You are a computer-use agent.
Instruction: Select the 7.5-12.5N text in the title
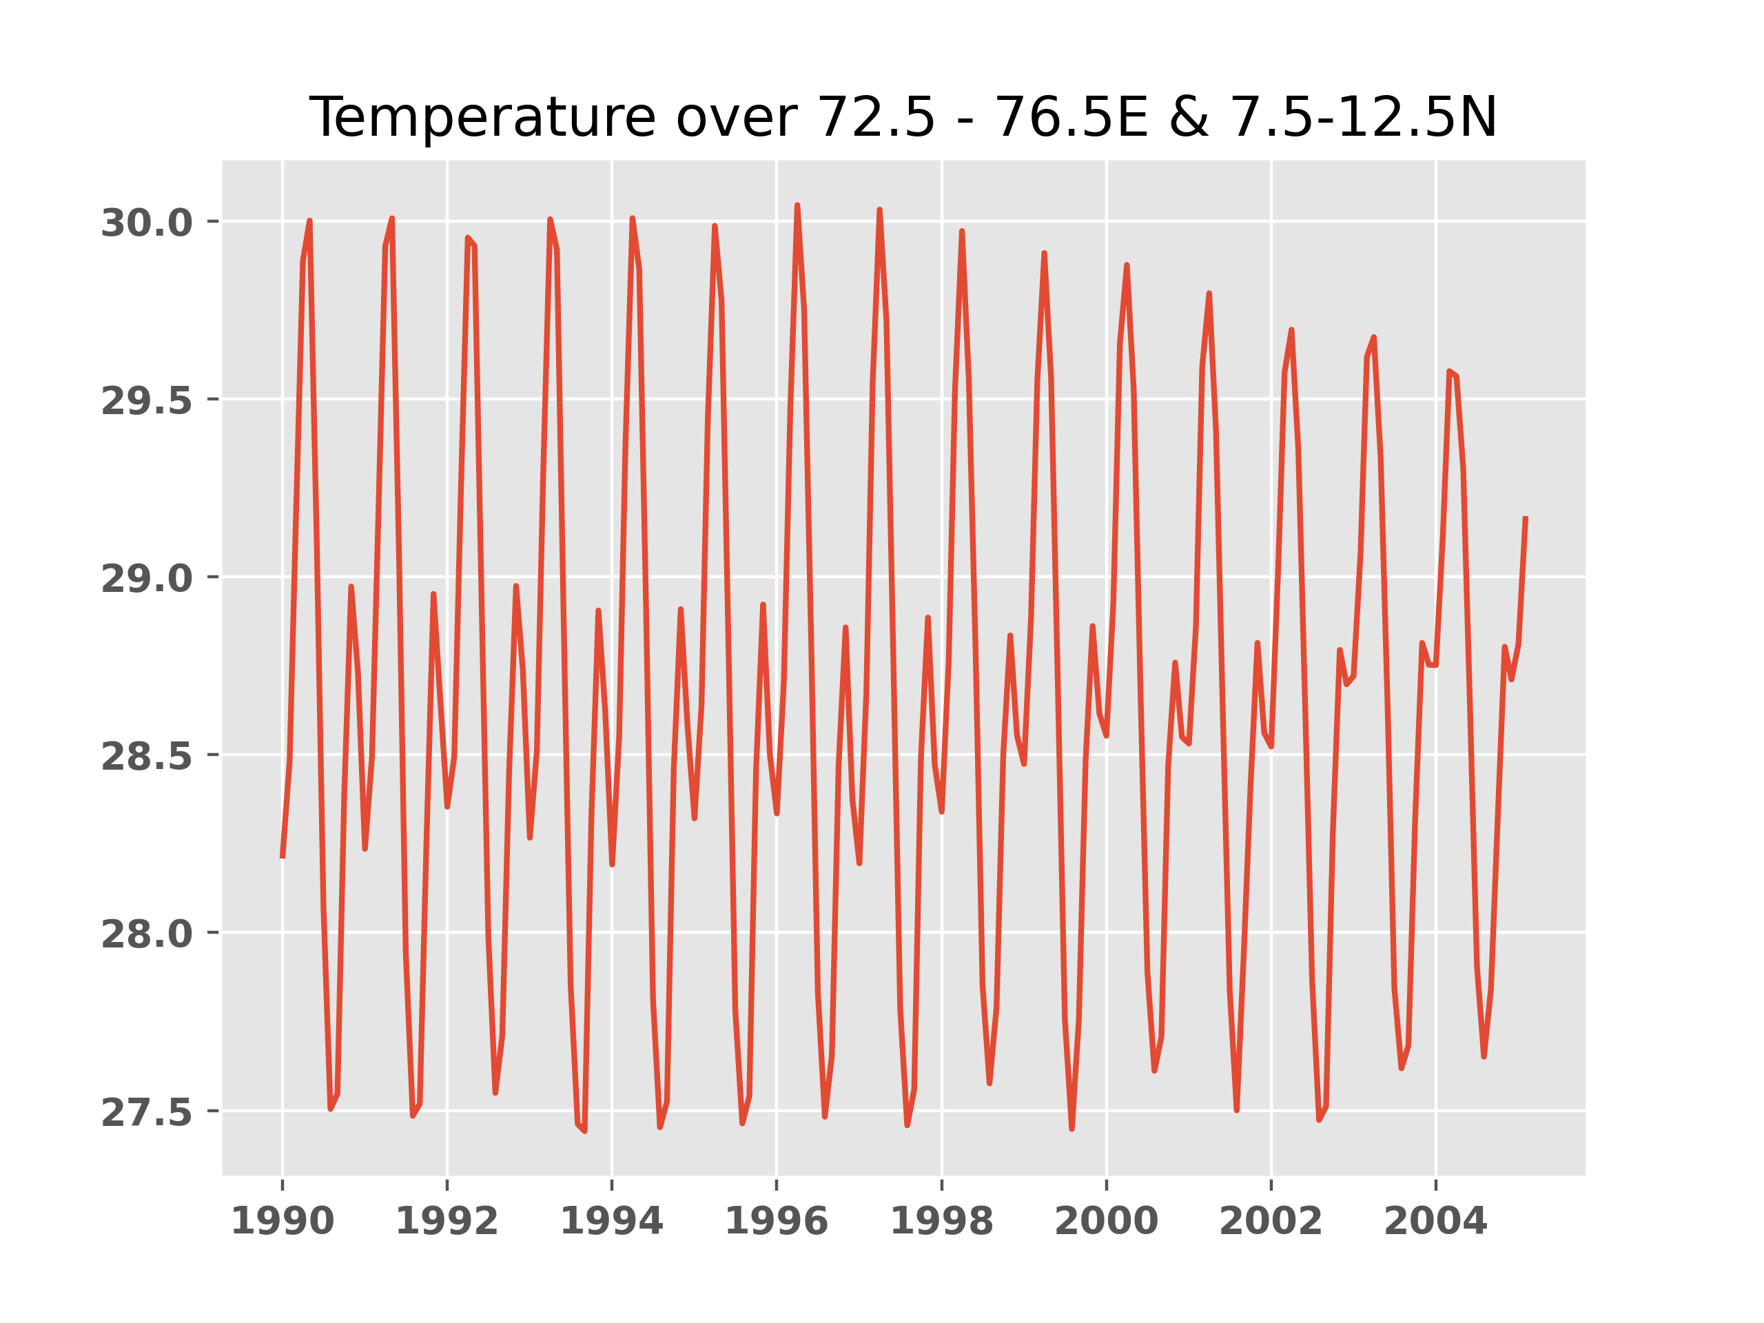pyautogui.click(x=1363, y=118)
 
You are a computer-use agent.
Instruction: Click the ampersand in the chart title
pyautogui.click(x=1189, y=118)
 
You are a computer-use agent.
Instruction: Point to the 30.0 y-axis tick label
pyautogui.click(x=147, y=223)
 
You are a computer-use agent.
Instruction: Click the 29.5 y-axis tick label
pyautogui.click(x=147, y=401)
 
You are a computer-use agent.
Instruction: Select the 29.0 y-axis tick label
pyautogui.click(x=147, y=579)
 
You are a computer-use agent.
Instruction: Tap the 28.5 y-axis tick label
pyautogui.click(x=147, y=757)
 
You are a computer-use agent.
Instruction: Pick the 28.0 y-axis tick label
pyautogui.click(x=147, y=934)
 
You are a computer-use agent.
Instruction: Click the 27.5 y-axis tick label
pyautogui.click(x=147, y=1114)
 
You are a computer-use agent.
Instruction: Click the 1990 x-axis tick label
pyautogui.click(x=283, y=1222)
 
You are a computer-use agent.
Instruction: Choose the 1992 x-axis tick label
pyautogui.click(x=447, y=1222)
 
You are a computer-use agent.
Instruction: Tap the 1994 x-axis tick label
pyautogui.click(x=612, y=1222)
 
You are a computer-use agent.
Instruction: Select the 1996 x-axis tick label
pyautogui.click(x=776, y=1222)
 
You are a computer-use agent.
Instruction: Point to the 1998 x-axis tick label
pyautogui.click(x=941, y=1222)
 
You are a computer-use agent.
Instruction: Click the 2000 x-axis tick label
pyautogui.click(x=1106, y=1222)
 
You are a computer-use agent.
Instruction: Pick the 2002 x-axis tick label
pyautogui.click(x=1271, y=1222)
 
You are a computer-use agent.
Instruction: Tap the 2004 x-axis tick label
pyautogui.click(x=1435, y=1222)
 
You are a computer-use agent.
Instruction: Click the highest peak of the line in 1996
pyautogui.click(x=797, y=206)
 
